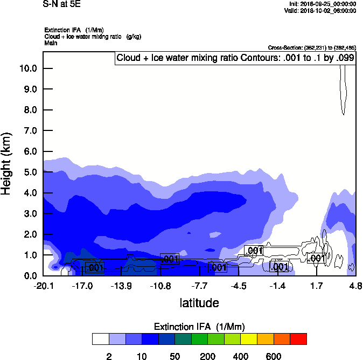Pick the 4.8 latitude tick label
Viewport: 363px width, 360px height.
pyautogui.click(x=355, y=285)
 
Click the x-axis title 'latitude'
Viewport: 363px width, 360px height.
pyautogui.click(x=199, y=303)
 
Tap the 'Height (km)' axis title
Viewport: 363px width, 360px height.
pyautogui.click(x=7, y=163)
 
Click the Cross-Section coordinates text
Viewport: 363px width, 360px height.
pyautogui.click(x=311, y=48)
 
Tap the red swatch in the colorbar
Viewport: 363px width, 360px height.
pyautogui.click(x=298, y=339)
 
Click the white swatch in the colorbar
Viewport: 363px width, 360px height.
pyautogui.click(x=100, y=339)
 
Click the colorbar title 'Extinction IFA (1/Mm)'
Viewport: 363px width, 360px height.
pyautogui.click(x=199, y=327)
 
